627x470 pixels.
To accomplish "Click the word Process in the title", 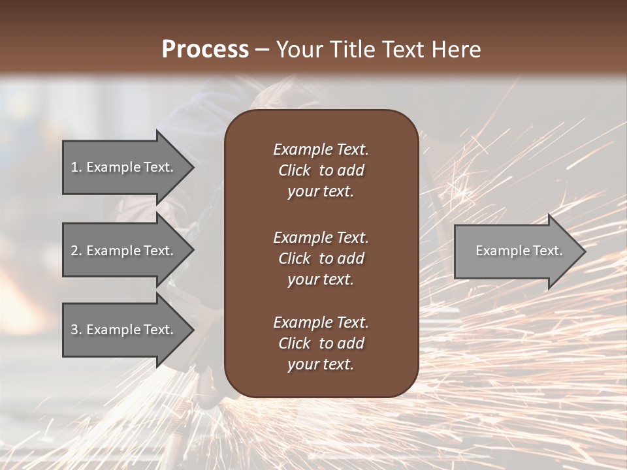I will [x=205, y=50].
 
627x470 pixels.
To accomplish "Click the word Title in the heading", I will [x=353, y=50].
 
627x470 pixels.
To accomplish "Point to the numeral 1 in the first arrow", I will [x=74, y=167].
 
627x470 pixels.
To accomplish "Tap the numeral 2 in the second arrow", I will [x=75, y=251].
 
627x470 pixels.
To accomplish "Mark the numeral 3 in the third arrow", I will [x=75, y=330].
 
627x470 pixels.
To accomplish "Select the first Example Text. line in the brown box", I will [x=321, y=149].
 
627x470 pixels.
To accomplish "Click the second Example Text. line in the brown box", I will [x=321, y=237].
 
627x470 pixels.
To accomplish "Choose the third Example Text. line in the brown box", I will [x=321, y=322].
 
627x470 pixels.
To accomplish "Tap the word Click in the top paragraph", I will [x=295, y=170].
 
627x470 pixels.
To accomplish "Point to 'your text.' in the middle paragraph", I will [x=321, y=279].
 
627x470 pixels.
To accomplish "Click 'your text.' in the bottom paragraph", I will [x=321, y=365].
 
